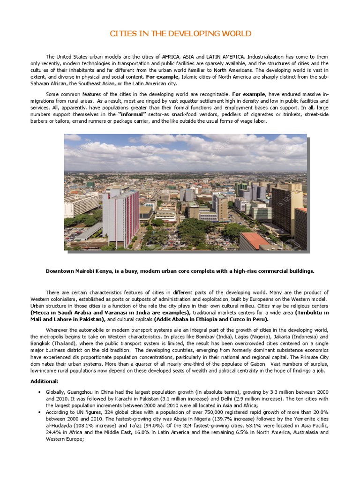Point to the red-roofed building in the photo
point(255,240)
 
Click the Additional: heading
point(45,381)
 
